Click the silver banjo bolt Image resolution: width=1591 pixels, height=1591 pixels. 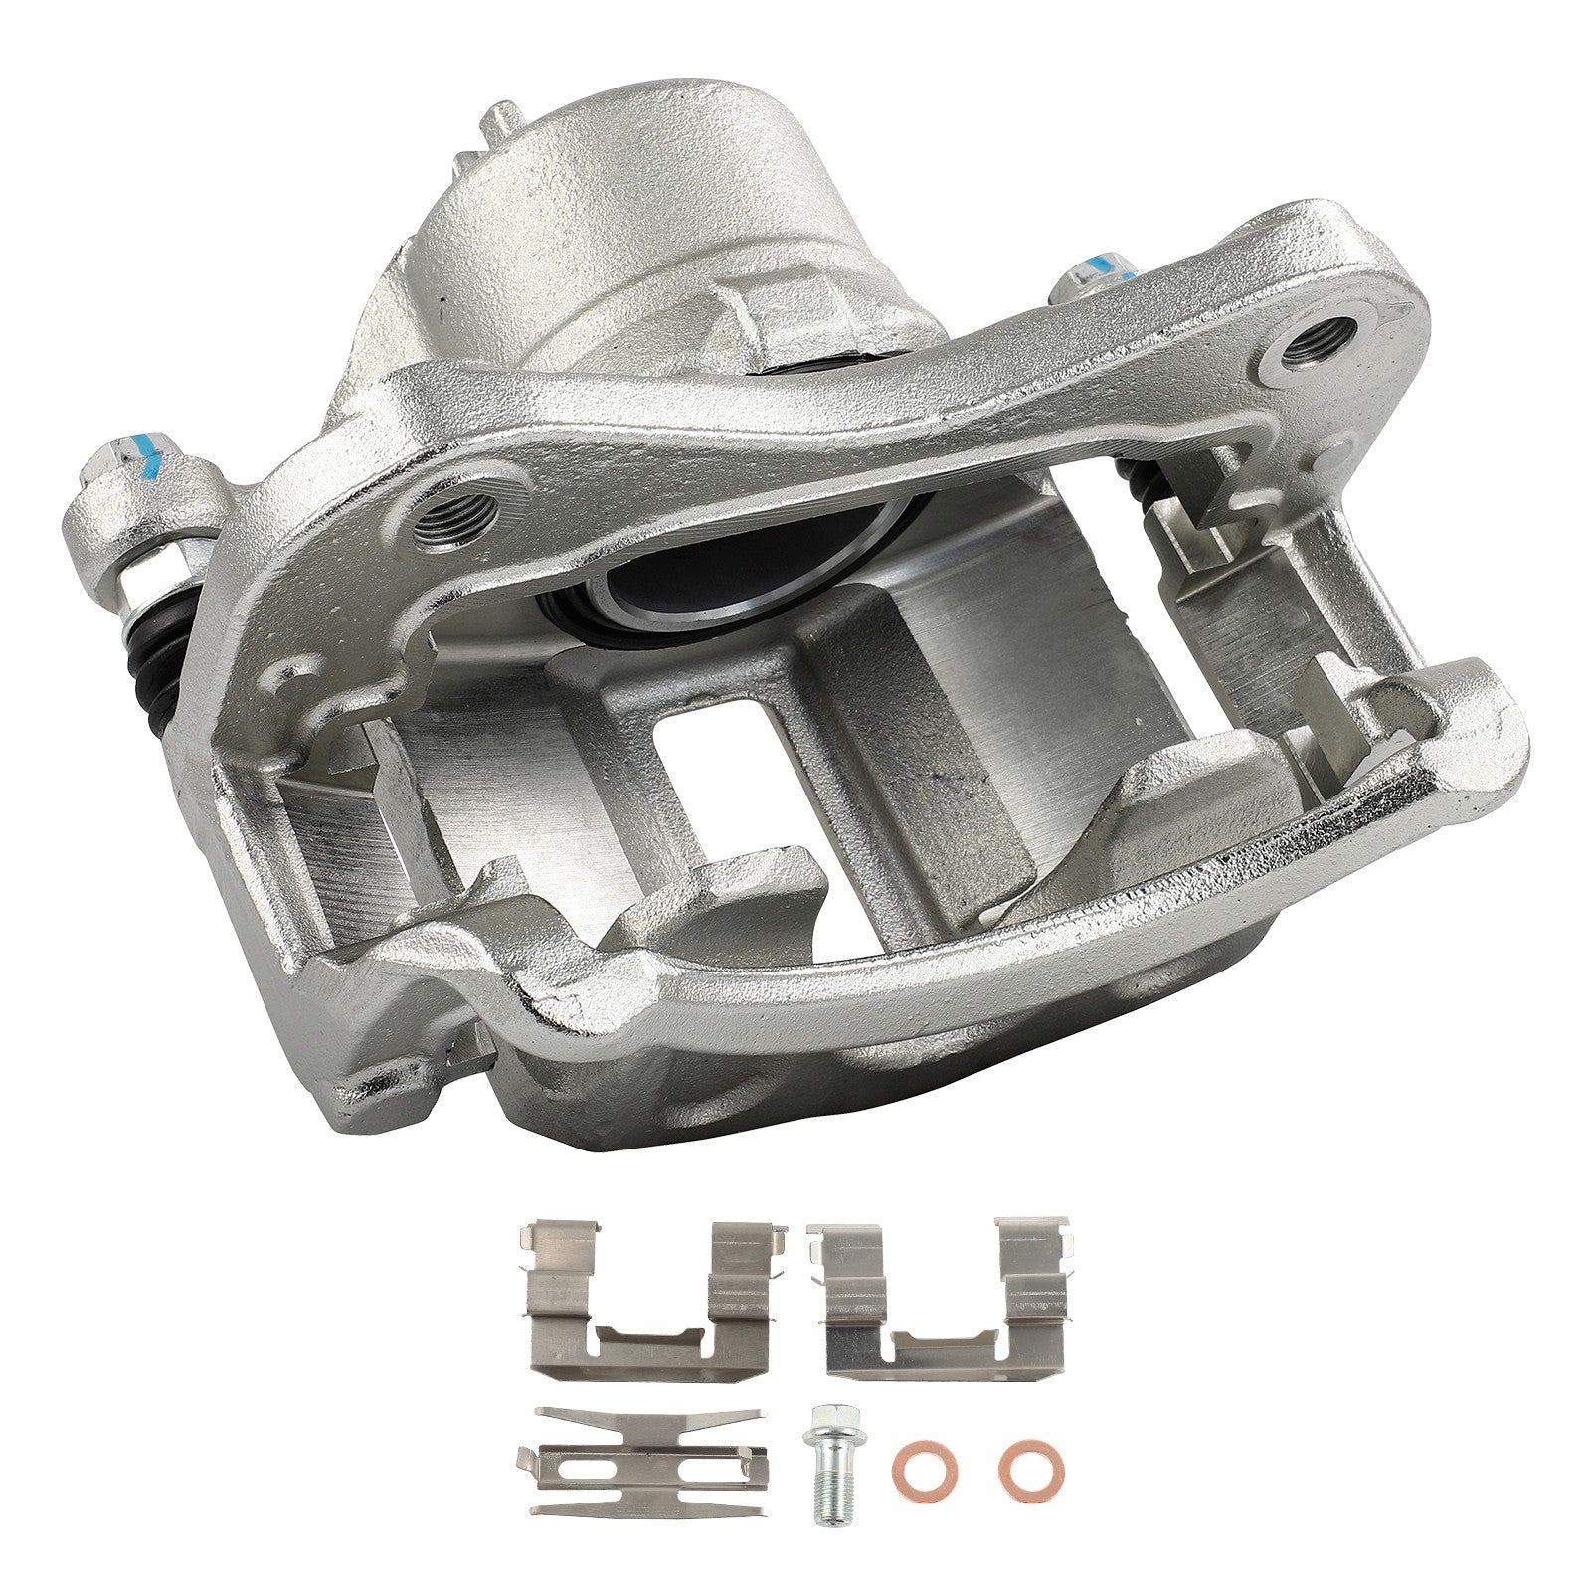[827, 1466]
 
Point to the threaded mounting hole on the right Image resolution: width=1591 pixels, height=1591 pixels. [1319, 344]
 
